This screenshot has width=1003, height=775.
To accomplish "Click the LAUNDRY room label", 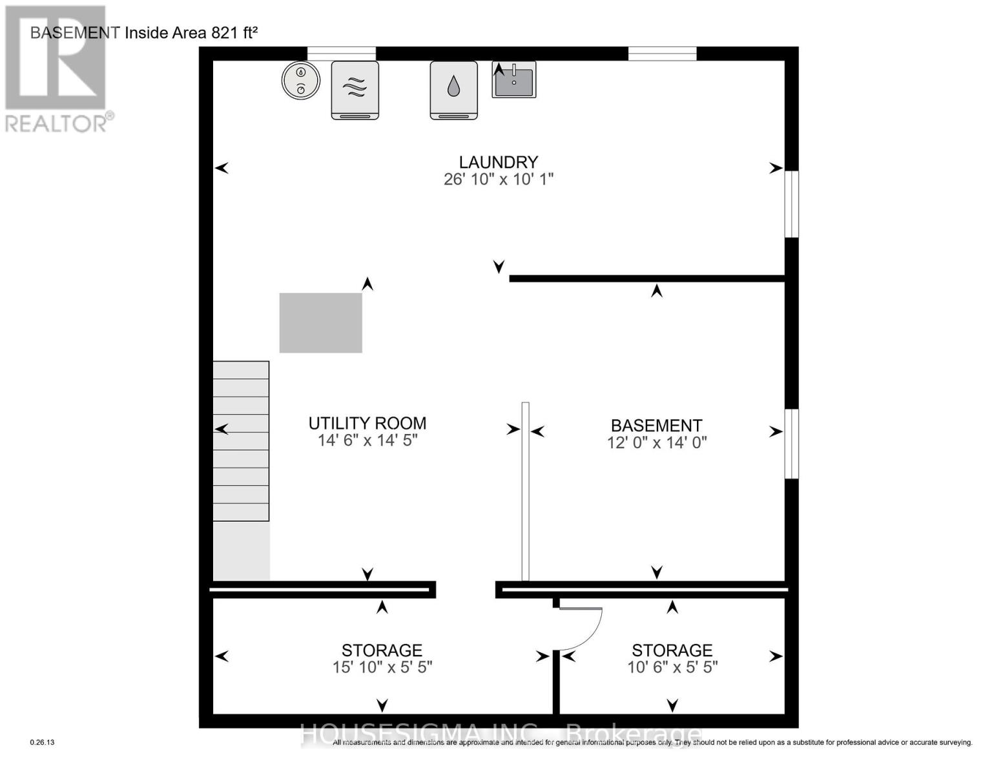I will click(x=498, y=162).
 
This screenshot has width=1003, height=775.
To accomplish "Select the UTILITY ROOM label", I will click(x=367, y=424).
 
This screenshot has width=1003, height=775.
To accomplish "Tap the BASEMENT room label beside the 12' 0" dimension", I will click(x=656, y=426).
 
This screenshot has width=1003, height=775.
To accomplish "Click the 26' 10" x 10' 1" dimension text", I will click(x=498, y=180).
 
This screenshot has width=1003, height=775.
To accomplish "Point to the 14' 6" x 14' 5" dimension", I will click(x=367, y=440).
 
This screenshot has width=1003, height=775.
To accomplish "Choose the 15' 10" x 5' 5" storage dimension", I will click(x=382, y=667).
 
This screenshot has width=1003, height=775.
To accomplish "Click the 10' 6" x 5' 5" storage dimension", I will click(x=672, y=667).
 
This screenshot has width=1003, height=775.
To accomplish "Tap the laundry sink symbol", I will click(x=514, y=79).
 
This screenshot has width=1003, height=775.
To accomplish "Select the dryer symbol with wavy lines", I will click(x=355, y=90).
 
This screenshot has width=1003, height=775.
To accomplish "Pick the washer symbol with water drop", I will click(x=453, y=90).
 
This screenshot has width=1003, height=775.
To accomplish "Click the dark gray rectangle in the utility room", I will click(x=320, y=323).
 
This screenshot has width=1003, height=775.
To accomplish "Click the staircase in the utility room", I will click(x=241, y=441).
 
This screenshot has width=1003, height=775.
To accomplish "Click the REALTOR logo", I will click(x=56, y=68).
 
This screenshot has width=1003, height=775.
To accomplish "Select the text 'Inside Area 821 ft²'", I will click(x=191, y=33).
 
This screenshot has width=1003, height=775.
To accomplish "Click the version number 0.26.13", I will click(x=43, y=743).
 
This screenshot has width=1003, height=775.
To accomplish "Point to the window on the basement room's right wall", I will click(x=791, y=444).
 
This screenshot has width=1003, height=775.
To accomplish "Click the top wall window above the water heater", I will click(x=341, y=54).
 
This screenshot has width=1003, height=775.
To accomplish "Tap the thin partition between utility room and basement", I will click(x=525, y=491).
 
